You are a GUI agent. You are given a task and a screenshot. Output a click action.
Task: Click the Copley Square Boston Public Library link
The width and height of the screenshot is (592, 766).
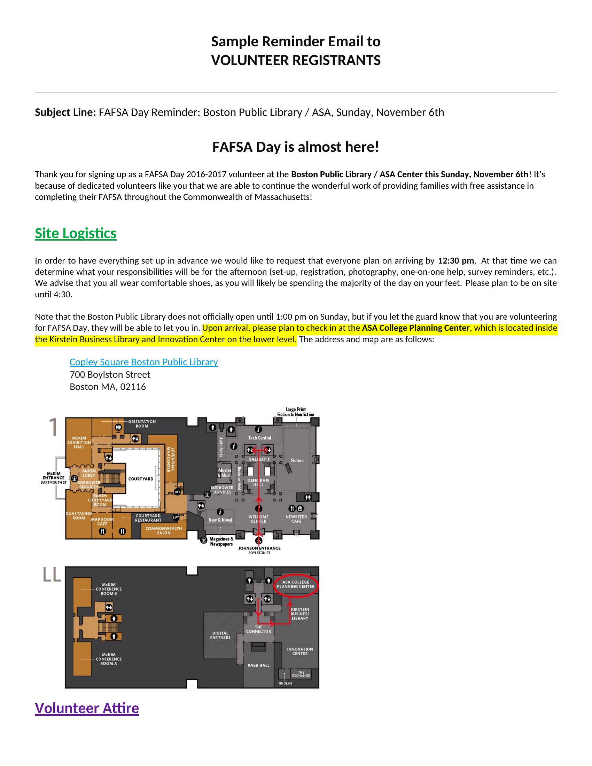click(144, 362)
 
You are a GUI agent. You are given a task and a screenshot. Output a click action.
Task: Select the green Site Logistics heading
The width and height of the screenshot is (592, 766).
click(76, 234)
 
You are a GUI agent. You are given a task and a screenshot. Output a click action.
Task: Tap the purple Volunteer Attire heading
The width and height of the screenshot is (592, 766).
click(87, 708)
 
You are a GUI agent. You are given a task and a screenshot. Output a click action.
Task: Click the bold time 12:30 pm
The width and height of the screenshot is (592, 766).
click(456, 260)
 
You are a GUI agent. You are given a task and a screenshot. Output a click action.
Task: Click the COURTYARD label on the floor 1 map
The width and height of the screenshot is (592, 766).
click(141, 479)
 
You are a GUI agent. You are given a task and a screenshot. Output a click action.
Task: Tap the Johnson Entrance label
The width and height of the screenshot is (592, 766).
click(259, 548)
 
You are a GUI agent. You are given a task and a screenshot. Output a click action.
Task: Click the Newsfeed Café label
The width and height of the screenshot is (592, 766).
click(296, 519)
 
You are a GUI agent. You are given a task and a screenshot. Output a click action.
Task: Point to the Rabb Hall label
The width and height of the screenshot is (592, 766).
click(258, 665)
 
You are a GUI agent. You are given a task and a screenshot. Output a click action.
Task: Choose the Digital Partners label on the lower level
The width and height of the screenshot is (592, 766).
click(220, 635)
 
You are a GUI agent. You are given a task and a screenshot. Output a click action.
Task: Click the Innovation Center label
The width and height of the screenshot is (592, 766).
click(300, 651)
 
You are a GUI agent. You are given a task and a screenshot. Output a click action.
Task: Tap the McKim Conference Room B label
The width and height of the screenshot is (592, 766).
click(109, 589)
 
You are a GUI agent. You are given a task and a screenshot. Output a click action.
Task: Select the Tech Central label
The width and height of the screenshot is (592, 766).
click(259, 438)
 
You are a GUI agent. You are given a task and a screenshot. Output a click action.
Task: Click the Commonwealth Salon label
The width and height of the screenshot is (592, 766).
click(164, 531)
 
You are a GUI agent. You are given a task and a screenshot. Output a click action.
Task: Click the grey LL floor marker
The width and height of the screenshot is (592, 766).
click(52, 575)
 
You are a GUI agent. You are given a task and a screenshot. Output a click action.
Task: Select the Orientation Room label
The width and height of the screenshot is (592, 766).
click(142, 424)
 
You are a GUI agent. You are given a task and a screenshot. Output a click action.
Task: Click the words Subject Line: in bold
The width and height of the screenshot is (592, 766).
click(65, 112)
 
